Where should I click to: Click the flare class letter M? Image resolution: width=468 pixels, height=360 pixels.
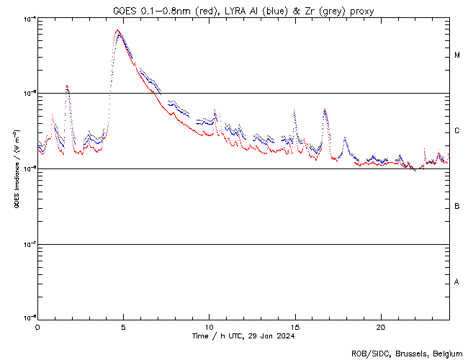457,55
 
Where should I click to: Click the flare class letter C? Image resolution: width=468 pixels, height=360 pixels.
457,131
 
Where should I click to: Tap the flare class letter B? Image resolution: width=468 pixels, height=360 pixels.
457,207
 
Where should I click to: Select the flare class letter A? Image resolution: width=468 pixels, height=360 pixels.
457,282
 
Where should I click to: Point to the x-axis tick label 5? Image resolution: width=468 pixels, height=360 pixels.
123,326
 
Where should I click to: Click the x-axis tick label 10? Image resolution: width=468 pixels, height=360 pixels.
209,326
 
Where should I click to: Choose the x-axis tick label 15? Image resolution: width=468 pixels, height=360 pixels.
295,326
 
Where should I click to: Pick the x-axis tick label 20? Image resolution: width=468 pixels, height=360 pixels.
381,326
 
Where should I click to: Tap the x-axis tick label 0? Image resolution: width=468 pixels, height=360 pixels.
37,326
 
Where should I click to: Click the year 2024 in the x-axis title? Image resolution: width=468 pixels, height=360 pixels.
284,336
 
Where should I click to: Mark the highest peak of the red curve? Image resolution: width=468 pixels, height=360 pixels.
117,30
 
